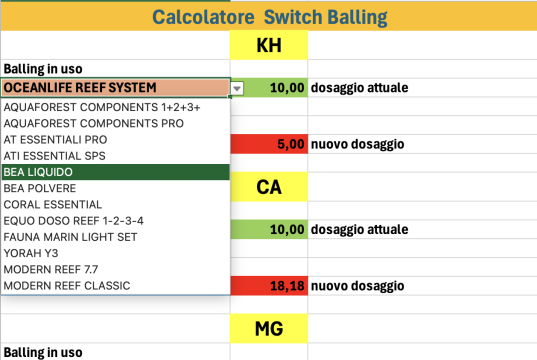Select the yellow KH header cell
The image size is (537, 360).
[x=268, y=46]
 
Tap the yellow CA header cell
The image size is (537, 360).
[x=268, y=187]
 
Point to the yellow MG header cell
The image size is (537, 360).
[x=268, y=328]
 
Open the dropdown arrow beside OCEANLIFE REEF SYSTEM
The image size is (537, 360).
[x=237, y=88]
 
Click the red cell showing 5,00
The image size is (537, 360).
[x=268, y=144]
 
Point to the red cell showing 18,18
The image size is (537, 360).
[x=268, y=287]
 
